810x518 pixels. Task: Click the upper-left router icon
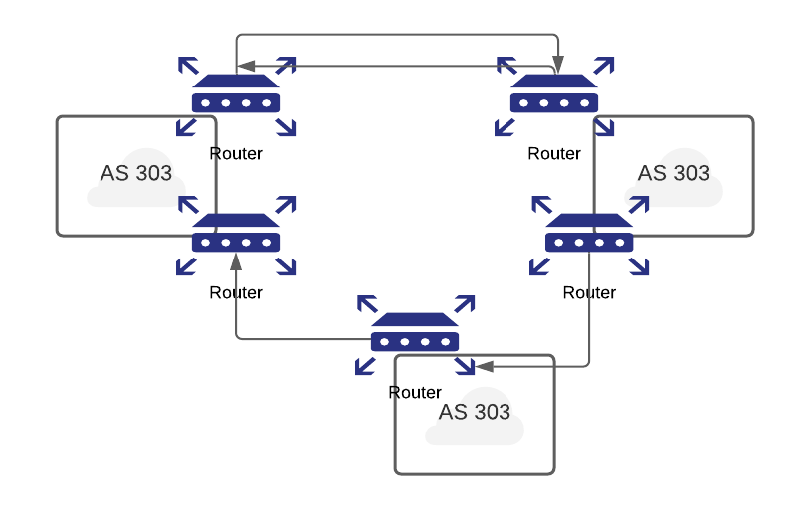[236, 95]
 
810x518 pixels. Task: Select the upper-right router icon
[554, 95]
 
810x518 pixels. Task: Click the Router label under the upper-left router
[236, 154]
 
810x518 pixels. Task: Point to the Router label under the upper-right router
[554, 154]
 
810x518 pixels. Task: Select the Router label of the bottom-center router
[415, 393]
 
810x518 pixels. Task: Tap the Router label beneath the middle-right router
[589, 293]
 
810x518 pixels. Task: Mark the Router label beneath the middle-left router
[236, 293]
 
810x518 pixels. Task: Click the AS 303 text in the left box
[136, 173]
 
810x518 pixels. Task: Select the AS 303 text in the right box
[674, 173]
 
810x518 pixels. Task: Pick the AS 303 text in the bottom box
[475, 412]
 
